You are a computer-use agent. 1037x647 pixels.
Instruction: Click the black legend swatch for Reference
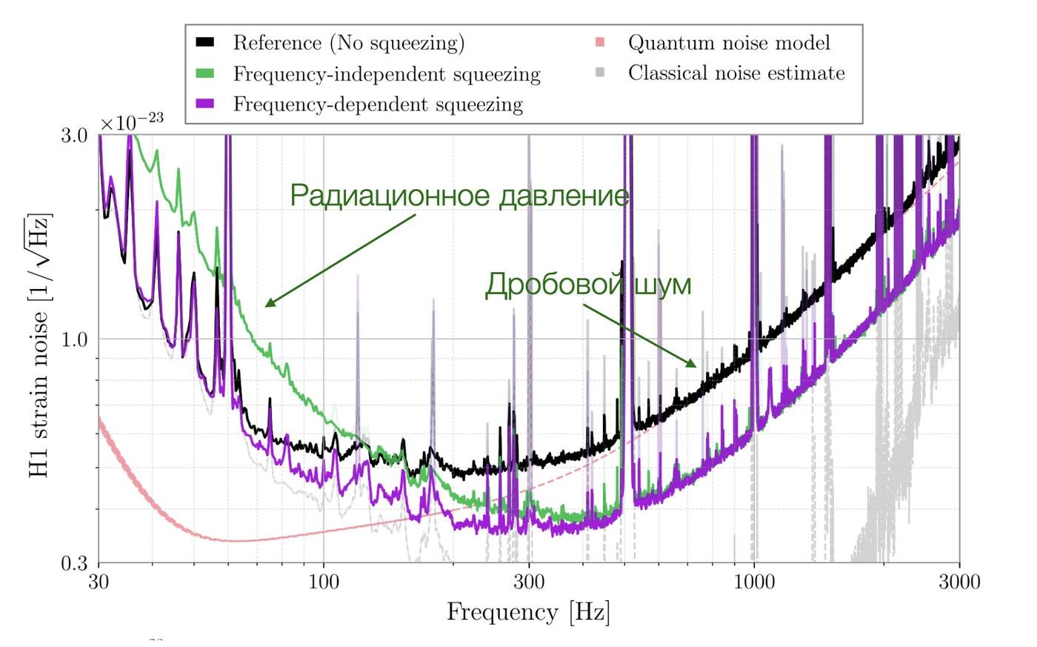click(x=204, y=43)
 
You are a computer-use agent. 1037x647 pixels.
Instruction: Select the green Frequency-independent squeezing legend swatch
click(x=204, y=74)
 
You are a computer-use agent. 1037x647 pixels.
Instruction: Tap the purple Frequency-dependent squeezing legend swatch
click(x=204, y=104)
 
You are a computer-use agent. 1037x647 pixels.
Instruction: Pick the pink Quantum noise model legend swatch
click(x=600, y=43)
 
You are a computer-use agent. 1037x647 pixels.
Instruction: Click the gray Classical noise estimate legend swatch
click(x=600, y=73)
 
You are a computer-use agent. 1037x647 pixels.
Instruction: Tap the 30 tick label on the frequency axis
click(x=99, y=581)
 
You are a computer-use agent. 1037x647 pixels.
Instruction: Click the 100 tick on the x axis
click(x=324, y=581)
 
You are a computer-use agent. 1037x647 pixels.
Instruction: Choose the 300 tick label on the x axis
click(x=529, y=581)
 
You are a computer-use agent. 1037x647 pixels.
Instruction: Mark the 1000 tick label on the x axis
click(x=754, y=581)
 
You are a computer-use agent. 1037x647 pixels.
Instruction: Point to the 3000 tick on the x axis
click(x=960, y=581)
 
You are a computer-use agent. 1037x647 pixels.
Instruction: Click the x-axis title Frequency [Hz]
click(x=528, y=613)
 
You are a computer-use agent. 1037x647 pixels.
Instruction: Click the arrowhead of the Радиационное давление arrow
click(x=267, y=305)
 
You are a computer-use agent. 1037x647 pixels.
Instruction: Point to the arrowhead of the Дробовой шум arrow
click(x=694, y=365)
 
